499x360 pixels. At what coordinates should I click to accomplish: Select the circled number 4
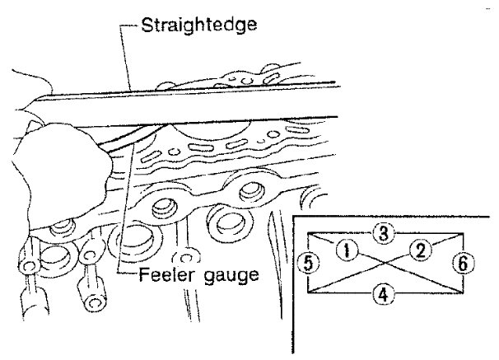click(x=380, y=291)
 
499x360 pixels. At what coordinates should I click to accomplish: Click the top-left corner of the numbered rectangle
click(x=308, y=233)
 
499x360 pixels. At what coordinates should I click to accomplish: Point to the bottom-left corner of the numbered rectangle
click(x=308, y=292)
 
